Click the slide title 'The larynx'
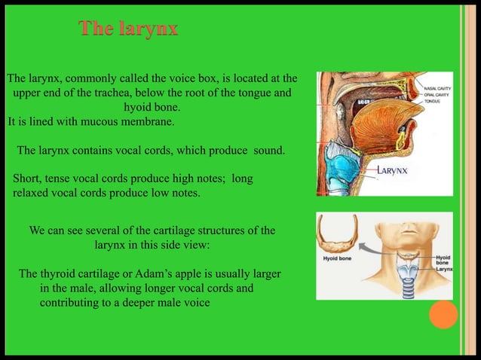pyautogui.click(x=129, y=29)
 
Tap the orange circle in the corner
pyautogui.click(x=444, y=315)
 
